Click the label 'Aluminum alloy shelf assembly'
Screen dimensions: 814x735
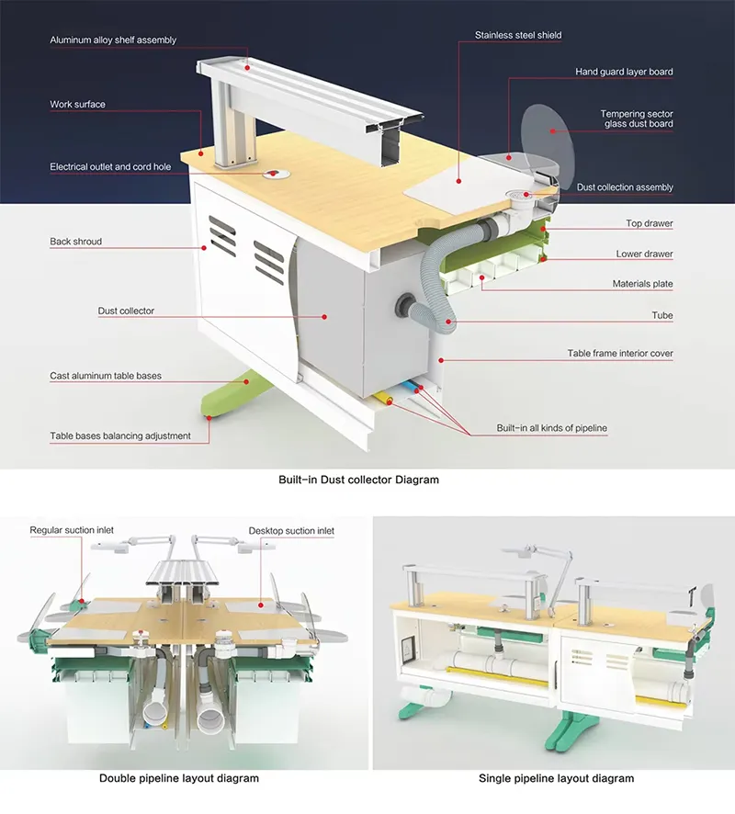pos(113,40)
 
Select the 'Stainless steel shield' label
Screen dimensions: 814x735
pos(518,36)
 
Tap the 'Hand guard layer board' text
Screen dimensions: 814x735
pos(624,72)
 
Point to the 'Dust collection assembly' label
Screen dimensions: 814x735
pos(625,187)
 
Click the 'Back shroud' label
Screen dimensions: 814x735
pos(76,242)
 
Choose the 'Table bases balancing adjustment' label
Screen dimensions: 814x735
pos(120,435)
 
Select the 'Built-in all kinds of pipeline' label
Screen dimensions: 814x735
pos(551,428)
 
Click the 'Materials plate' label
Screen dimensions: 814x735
pos(642,284)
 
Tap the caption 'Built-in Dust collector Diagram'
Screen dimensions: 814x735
pos(358,480)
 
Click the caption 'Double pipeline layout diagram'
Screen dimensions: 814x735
pos(179,778)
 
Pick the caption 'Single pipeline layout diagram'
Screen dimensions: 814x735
pos(556,778)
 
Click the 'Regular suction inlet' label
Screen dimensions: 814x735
pos(72,530)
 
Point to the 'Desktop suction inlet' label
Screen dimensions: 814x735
pos(291,530)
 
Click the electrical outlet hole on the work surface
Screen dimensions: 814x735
pos(272,173)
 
